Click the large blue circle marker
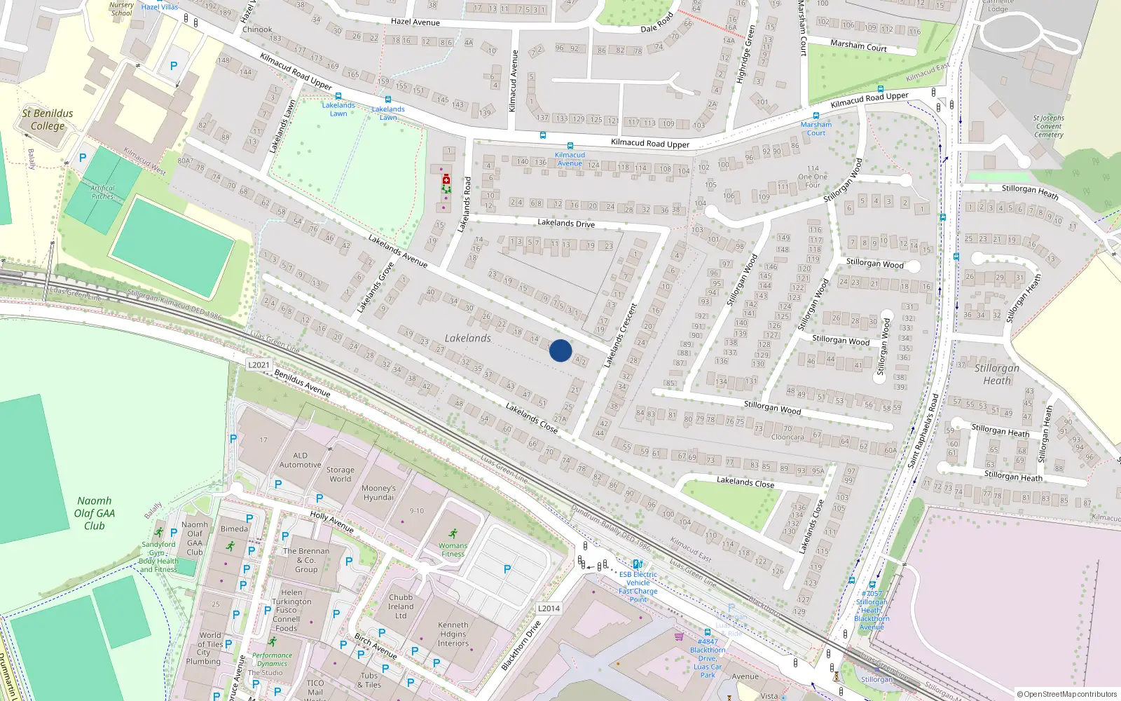pyautogui.click(x=560, y=350)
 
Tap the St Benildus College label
pyautogui.click(x=48, y=120)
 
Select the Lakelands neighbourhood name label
pyautogui.click(x=468, y=338)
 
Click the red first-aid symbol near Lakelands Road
pyautogui.click(x=446, y=180)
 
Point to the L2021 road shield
pyautogui.click(x=259, y=365)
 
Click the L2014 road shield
pyautogui.click(x=549, y=608)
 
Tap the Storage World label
pyautogui.click(x=341, y=475)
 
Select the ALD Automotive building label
pyautogui.click(x=301, y=460)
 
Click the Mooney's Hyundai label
pyautogui.click(x=379, y=493)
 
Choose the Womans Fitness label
pyautogui.click(x=453, y=550)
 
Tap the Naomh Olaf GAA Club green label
pyautogui.click(x=95, y=513)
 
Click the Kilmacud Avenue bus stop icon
pyautogui.click(x=570, y=147)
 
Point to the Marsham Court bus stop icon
pyautogui.click(x=816, y=116)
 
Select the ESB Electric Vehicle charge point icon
pyautogui.click(x=637, y=564)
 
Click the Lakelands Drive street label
pyautogui.click(x=566, y=223)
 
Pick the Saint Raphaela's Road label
pyautogui.click(x=923, y=431)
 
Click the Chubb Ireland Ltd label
pyautogui.click(x=401, y=607)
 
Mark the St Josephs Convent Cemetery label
pyautogui.click(x=1048, y=127)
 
